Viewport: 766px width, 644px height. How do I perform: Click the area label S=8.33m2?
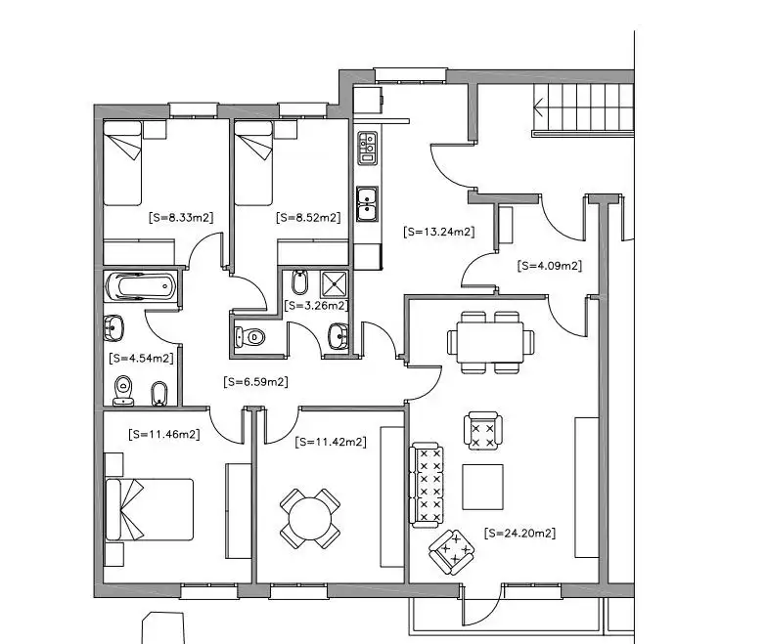178,217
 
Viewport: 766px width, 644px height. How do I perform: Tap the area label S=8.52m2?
308,217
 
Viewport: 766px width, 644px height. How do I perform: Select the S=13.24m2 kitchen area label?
439,233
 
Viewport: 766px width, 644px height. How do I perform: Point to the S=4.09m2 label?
550,265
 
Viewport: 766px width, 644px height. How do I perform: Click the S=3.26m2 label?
316,305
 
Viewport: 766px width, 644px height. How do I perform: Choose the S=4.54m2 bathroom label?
142,359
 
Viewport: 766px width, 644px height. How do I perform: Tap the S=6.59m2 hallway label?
255,382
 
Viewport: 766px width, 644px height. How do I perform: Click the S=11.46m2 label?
164,433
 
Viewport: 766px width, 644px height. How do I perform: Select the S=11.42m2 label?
331,442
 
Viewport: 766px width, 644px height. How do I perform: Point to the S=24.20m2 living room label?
520,534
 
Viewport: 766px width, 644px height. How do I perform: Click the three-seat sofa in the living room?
428,484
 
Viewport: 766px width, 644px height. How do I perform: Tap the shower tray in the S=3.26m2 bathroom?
335,283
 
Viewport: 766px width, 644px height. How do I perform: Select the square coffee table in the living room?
483,487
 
